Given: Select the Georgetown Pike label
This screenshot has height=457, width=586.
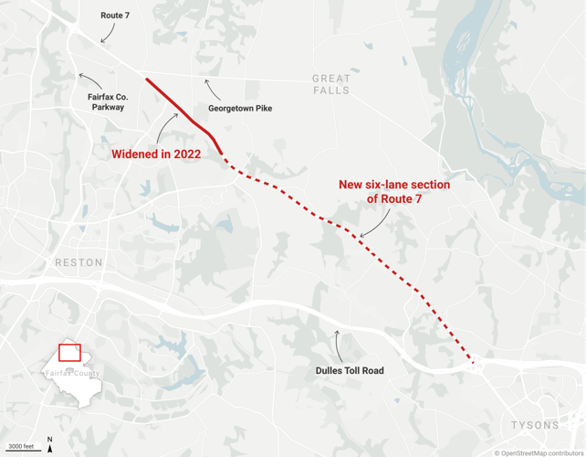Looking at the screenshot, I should pos(240,109).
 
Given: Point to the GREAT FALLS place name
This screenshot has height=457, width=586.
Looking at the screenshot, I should pos(330,84).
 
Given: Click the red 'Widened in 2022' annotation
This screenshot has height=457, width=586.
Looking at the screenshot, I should pos(156,154).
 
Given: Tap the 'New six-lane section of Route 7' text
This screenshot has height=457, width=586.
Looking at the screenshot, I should pos(394,191).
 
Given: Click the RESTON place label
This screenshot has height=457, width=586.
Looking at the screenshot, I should pos(79,262).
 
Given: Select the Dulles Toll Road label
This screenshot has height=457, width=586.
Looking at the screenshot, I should pos(350,370).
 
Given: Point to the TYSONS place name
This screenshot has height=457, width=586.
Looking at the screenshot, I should pos(536,425).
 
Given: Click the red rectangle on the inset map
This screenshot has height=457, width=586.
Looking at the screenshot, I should pos(69,353).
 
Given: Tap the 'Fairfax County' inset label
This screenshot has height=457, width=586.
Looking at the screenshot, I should pos(73,374).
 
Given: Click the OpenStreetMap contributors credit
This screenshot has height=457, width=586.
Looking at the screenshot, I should pos(538,452).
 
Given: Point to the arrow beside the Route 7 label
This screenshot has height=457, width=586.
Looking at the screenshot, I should pos(108,34).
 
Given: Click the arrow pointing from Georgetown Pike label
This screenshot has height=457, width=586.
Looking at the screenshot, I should pos(211,90).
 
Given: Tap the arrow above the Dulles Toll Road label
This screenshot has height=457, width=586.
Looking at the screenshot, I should pos(339,344).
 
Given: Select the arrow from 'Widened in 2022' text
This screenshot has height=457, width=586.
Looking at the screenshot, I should pos(169,127).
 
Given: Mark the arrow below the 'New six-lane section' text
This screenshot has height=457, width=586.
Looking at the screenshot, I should pos(376,225).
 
